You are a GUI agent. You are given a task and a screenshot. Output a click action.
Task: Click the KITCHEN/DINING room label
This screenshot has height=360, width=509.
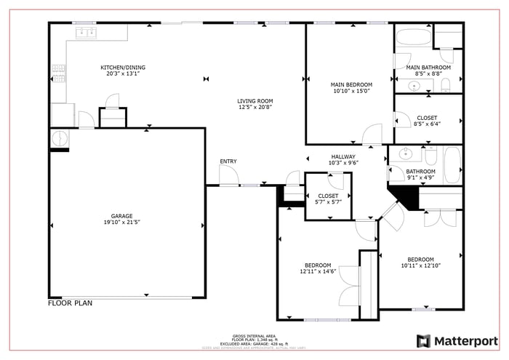[x=116, y=67]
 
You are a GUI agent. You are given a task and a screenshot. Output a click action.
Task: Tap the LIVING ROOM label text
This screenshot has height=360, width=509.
[x=254, y=101]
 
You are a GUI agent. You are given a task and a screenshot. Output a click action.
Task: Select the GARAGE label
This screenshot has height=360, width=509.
[x=121, y=216]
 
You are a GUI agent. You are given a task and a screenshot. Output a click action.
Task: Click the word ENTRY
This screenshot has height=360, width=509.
[x=228, y=161]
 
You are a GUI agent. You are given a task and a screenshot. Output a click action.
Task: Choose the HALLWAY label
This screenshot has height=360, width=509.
[x=343, y=156]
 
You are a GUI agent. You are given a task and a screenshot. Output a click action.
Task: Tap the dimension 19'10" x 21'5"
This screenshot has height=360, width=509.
[x=121, y=223]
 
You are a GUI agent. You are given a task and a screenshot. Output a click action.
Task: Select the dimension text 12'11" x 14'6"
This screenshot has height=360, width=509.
[x=318, y=271]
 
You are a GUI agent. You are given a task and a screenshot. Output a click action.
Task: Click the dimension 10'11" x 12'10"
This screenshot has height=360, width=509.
[x=420, y=265]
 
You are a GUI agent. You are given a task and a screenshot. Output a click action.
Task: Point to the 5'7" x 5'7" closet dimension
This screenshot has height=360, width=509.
[x=328, y=202]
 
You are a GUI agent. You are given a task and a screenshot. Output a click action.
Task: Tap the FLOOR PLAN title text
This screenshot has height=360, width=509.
[x=71, y=303]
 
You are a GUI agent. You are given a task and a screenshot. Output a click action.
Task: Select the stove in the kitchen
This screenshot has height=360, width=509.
[x=58, y=73]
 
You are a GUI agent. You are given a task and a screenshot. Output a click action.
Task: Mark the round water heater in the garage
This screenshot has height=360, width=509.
[x=58, y=137]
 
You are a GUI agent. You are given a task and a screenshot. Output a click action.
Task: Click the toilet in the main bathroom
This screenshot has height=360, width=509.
[x=446, y=86]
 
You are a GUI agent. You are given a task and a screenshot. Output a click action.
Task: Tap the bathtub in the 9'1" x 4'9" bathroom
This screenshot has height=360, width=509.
[x=452, y=165]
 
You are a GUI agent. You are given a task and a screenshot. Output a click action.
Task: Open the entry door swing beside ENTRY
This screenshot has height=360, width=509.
[x=228, y=175]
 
